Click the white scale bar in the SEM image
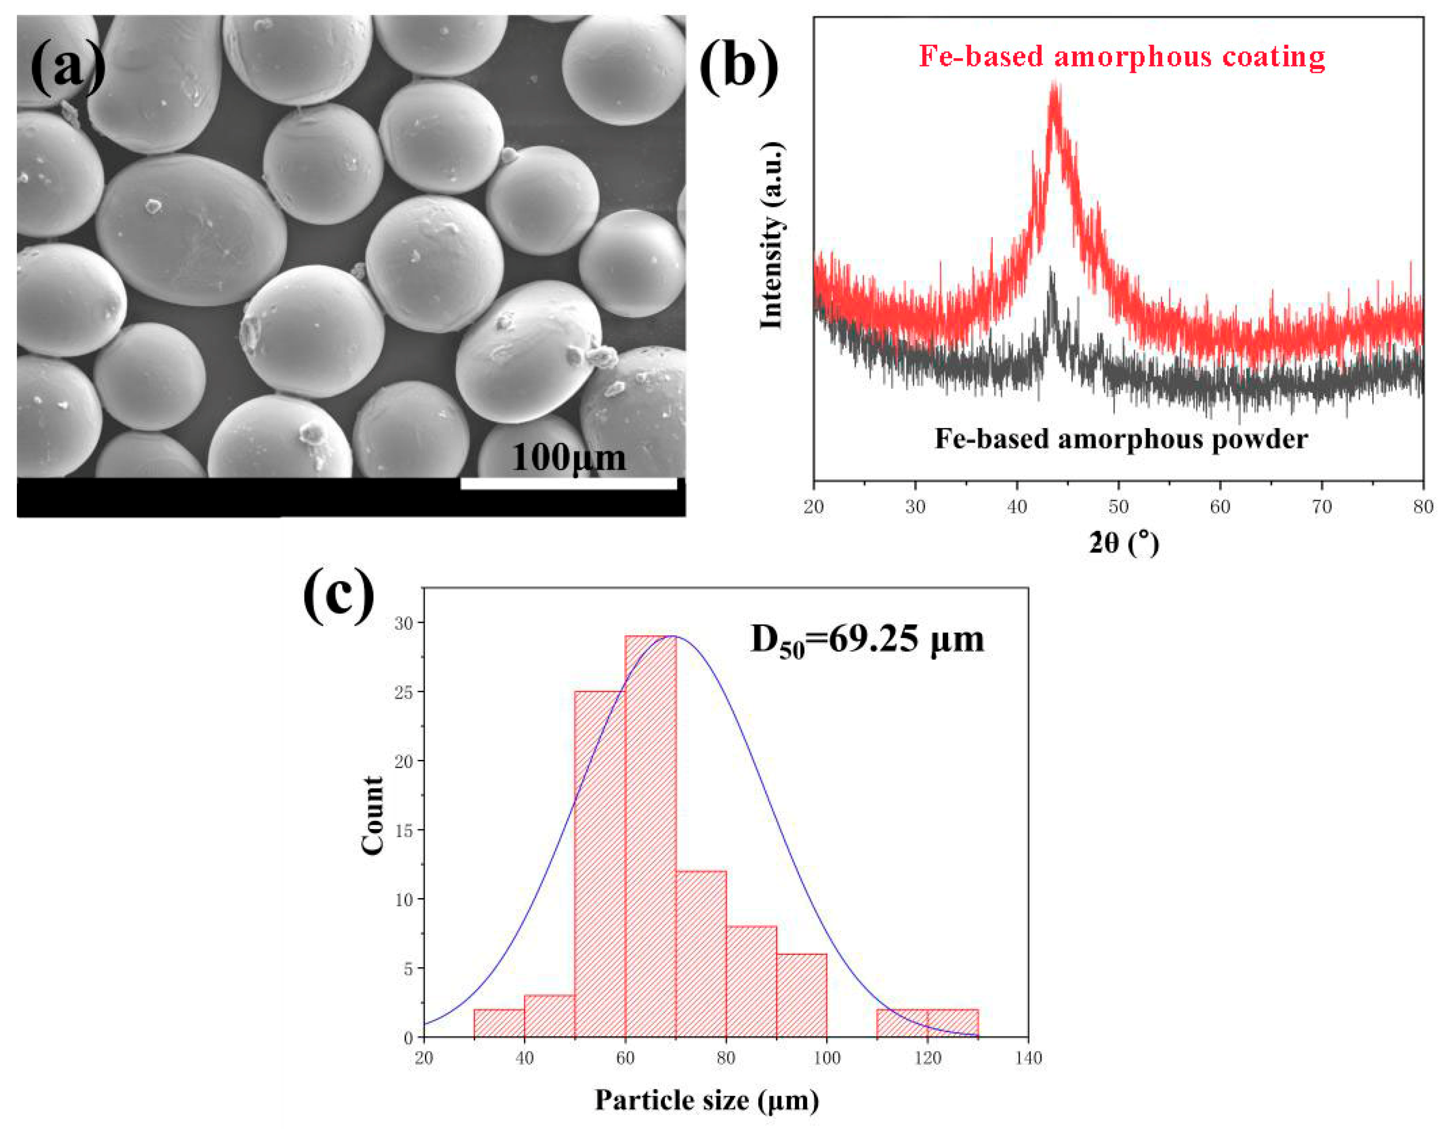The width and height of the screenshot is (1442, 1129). coord(568,483)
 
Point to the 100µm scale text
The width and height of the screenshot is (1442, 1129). coord(568,457)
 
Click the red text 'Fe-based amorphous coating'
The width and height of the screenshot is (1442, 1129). coord(1122,57)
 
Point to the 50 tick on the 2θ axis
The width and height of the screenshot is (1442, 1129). coord(1118,507)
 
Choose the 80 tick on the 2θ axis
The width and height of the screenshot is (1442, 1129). coord(1423,507)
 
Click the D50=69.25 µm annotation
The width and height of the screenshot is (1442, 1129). coord(867,640)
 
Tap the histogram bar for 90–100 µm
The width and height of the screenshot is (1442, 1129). coord(801,995)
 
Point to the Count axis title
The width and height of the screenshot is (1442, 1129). coord(373,815)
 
